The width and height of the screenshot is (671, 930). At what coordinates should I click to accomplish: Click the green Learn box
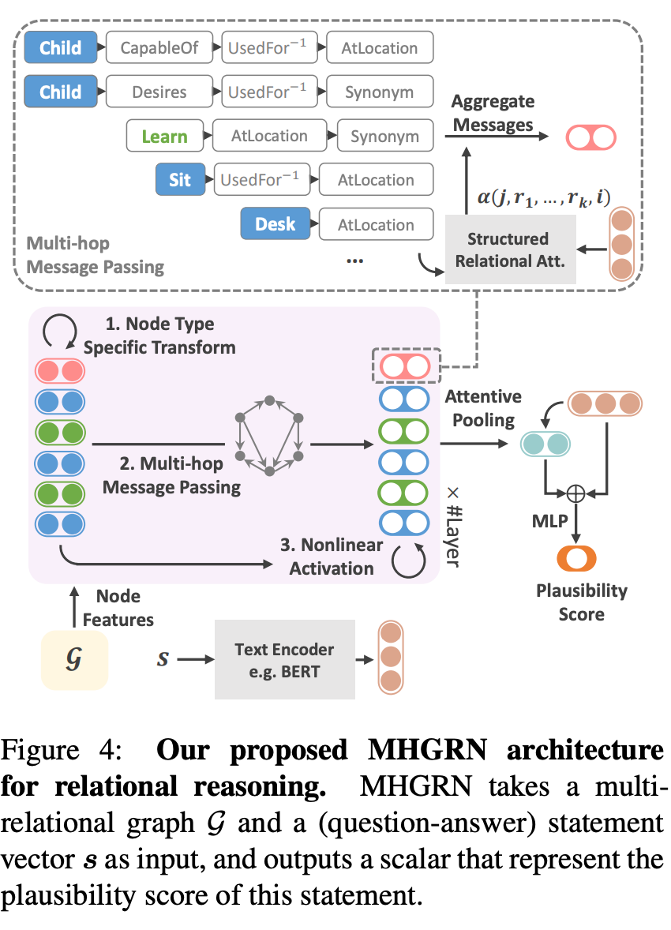(x=164, y=137)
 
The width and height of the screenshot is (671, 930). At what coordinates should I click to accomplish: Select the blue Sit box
(x=180, y=180)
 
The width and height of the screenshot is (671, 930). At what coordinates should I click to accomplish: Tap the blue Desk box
(x=275, y=225)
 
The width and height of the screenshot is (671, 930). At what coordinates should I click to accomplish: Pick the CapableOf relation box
(x=159, y=48)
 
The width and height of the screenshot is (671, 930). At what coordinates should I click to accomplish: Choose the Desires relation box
(x=159, y=92)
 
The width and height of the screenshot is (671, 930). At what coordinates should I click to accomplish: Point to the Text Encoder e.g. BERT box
(x=284, y=659)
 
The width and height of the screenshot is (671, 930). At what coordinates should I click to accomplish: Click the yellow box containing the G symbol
(x=74, y=660)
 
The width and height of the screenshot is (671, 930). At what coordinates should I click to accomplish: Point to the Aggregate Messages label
(x=493, y=113)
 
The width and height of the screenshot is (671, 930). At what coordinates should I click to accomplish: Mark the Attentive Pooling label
(x=483, y=408)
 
